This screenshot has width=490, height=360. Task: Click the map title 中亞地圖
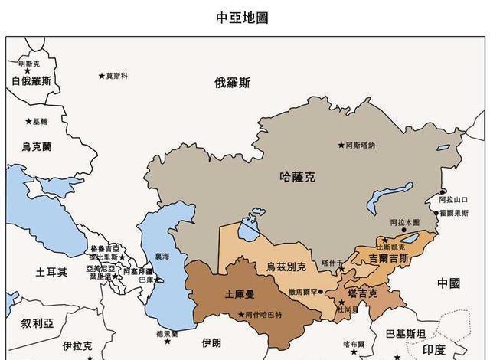click(x=243, y=18)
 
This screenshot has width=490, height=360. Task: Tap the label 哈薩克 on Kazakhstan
click(x=298, y=177)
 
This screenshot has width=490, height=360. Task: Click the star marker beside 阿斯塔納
click(x=341, y=145)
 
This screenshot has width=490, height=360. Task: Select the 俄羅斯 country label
click(x=232, y=83)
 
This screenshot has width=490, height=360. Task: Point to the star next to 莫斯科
click(x=101, y=75)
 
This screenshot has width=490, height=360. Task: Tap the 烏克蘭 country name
click(x=37, y=146)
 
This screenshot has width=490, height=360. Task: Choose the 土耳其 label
click(x=52, y=272)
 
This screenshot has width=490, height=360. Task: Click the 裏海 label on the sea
click(x=162, y=257)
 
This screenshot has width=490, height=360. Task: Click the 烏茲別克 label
click(x=286, y=267)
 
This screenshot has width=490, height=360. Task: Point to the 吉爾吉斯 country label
click(x=389, y=260)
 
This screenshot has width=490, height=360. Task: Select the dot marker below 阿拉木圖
click(x=404, y=230)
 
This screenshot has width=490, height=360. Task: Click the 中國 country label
click(x=449, y=283)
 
